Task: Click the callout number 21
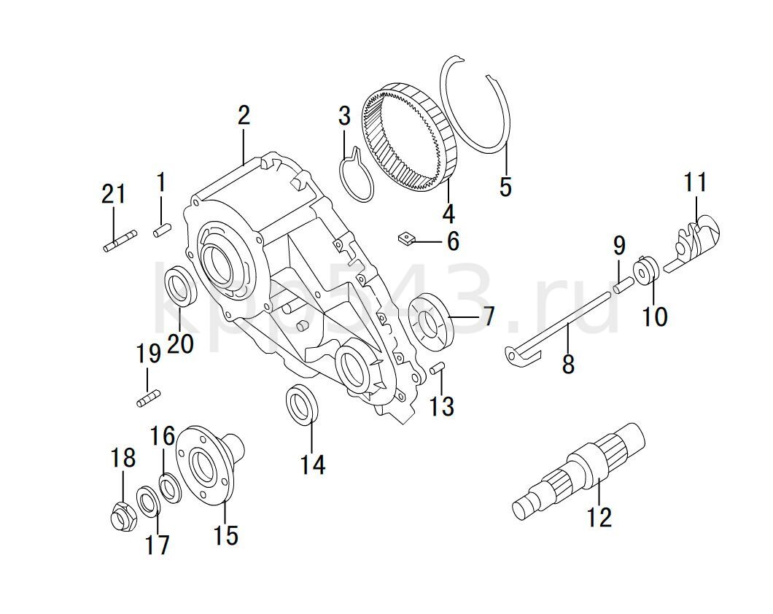[114, 195]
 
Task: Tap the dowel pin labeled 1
[162, 230]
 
